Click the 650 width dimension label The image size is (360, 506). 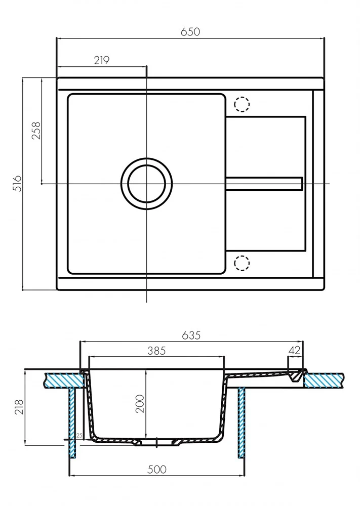pyautogui.click(x=190, y=31)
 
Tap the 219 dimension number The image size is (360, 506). pyautogui.click(x=102, y=60)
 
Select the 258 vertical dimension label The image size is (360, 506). pyautogui.click(x=36, y=131)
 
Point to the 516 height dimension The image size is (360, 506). pyautogui.click(x=17, y=183)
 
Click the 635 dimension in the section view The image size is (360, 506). pyautogui.click(x=191, y=335)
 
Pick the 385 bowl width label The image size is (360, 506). pyautogui.click(x=156, y=351)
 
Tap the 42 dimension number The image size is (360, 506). pyautogui.click(x=294, y=350)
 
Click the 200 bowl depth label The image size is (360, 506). pyautogui.click(x=140, y=403)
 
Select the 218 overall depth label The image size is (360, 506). pyautogui.click(x=19, y=407)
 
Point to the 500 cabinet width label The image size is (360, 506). pyautogui.click(x=157, y=469)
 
